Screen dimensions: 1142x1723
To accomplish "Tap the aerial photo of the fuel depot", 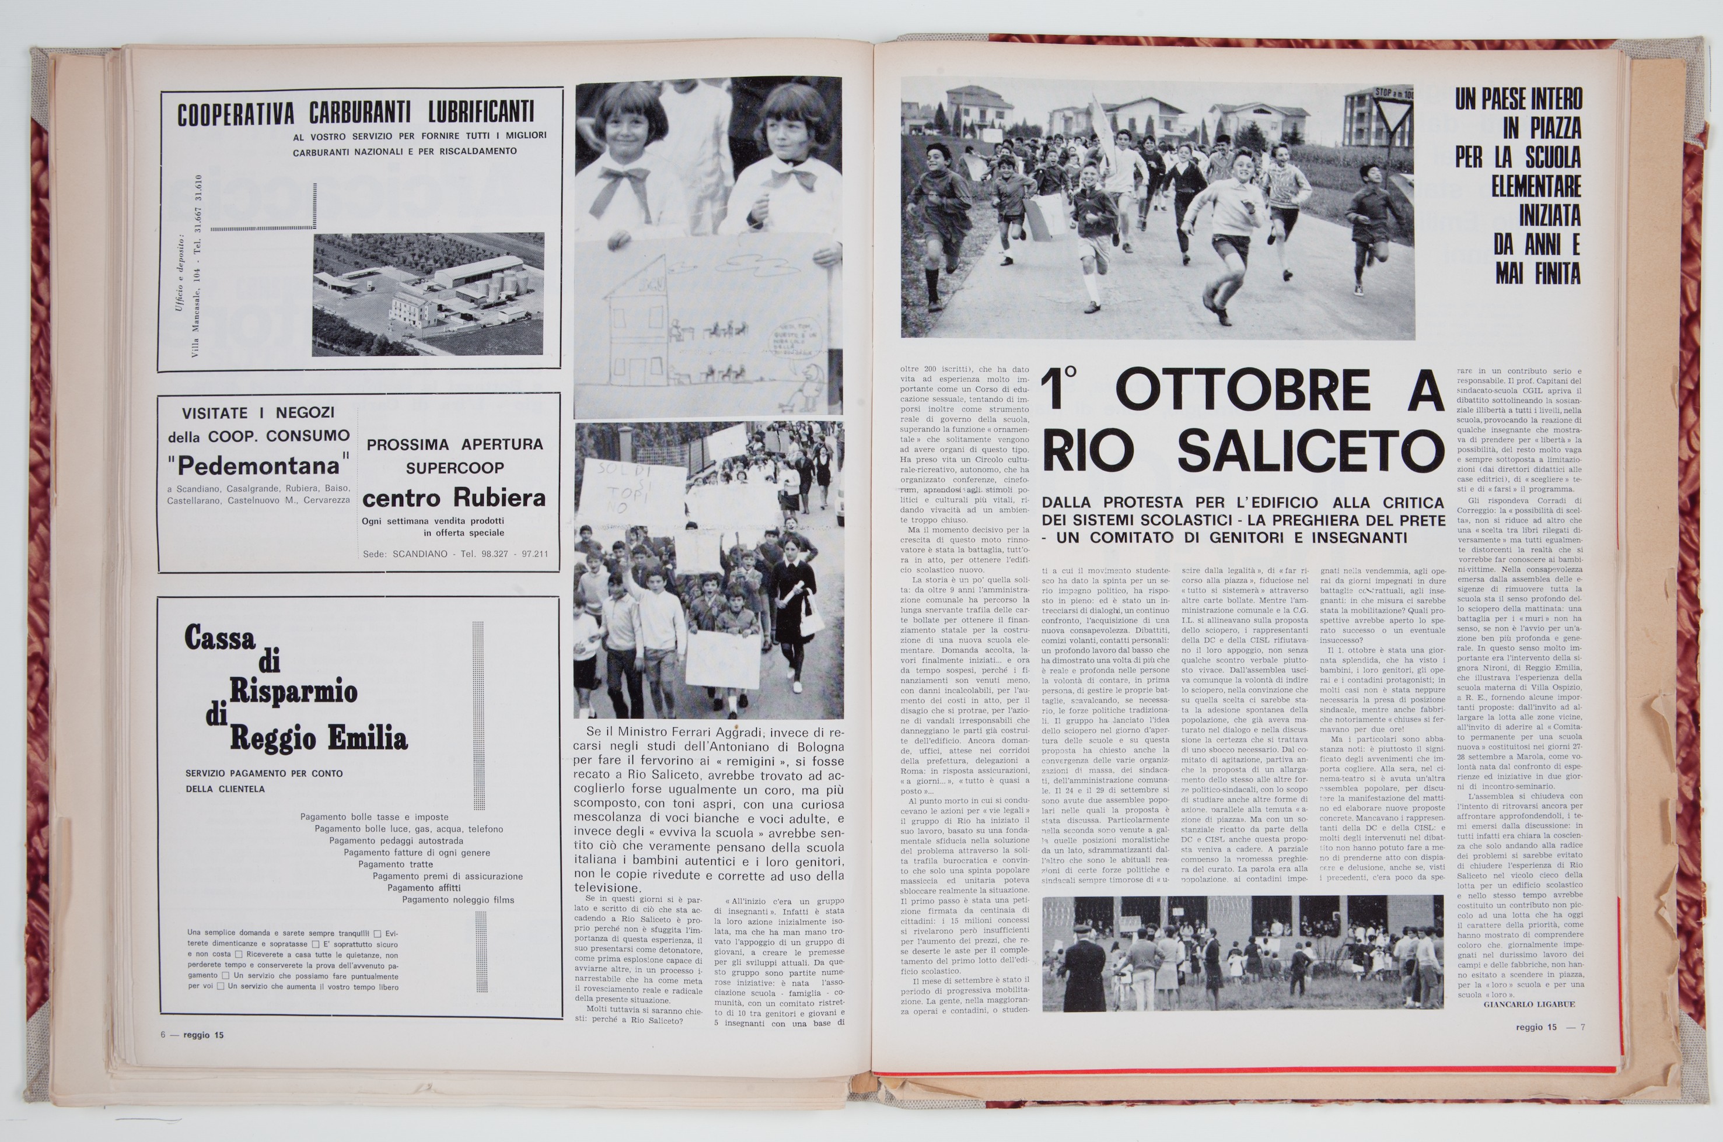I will click(428, 294).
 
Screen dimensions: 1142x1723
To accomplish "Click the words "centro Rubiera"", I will click(453, 498).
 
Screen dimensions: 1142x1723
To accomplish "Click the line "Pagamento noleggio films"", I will click(457, 899).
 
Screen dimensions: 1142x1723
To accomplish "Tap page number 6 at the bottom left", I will click(164, 1035).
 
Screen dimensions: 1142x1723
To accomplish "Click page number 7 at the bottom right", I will click(1582, 1028).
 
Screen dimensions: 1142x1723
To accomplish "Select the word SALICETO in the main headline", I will click(1310, 451).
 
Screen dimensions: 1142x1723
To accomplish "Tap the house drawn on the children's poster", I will click(635, 320).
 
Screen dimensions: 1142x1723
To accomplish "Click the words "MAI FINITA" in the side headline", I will click(1538, 274).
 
